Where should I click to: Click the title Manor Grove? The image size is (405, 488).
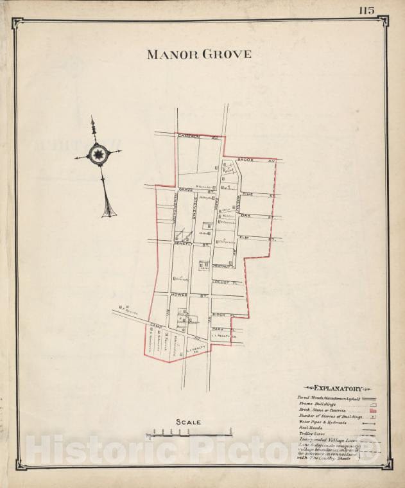click(199, 55)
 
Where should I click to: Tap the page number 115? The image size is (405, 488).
click(366, 10)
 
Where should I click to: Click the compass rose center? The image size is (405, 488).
click(98, 154)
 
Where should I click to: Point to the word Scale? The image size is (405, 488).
click(189, 422)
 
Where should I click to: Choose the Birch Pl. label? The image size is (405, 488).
click(221, 315)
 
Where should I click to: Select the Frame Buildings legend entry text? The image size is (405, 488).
click(316, 404)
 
